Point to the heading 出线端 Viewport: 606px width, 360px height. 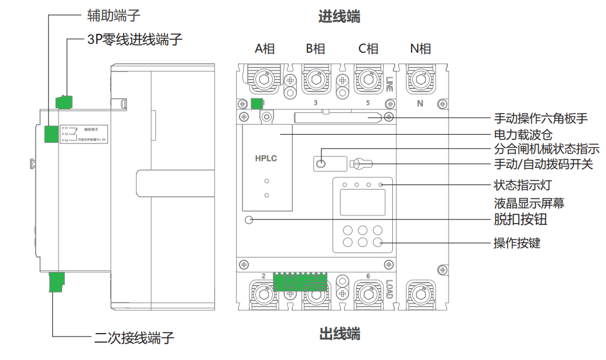[x=339, y=335]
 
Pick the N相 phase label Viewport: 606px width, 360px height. [x=420, y=49]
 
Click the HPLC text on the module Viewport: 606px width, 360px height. [x=266, y=158]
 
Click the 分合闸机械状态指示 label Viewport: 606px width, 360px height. [x=546, y=149]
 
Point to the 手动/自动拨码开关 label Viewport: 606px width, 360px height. [x=543, y=164]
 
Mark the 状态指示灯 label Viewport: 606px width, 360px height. [x=523, y=186]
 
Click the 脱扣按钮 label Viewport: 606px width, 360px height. [x=521, y=220]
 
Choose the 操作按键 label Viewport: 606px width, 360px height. [x=521, y=242]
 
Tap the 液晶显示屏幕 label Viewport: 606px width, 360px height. [x=529, y=203]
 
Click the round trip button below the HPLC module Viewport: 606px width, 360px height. [x=249, y=220]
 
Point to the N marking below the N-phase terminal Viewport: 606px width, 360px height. [x=420, y=104]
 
